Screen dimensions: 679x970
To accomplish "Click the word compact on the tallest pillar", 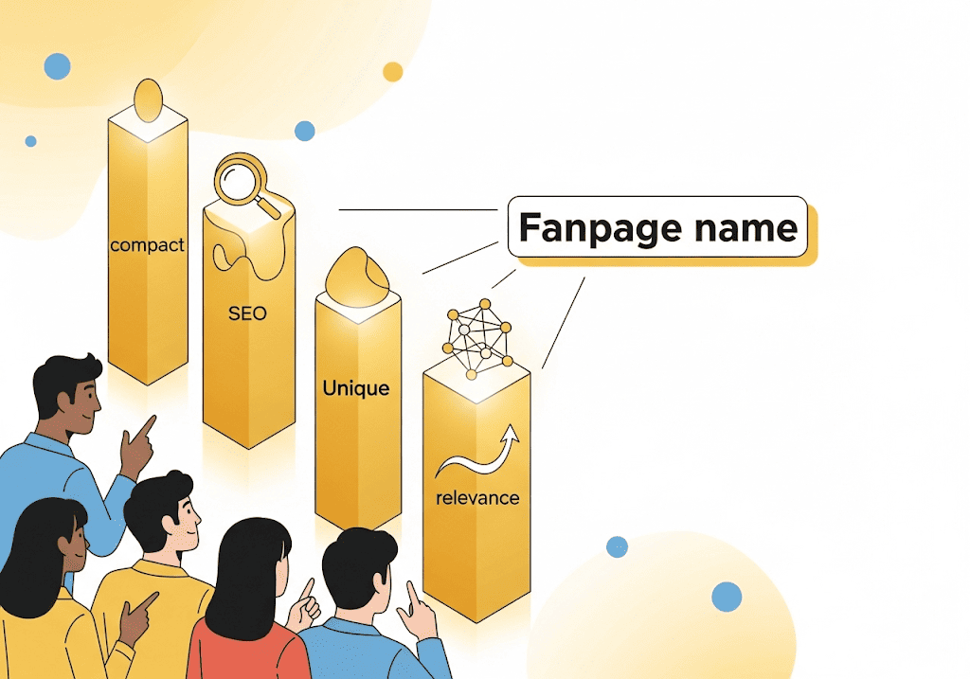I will [x=147, y=245].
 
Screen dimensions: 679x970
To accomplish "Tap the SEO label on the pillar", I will [x=247, y=313].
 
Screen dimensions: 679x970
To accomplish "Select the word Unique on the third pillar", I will [x=355, y=388].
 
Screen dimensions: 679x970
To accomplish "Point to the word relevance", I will [x=477, y=496].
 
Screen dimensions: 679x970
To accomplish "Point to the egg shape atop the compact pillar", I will [x=148, y=99].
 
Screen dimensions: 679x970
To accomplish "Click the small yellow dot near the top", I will [x=392, y=72].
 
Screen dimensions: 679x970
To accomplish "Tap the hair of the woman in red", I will [x=248, y=568].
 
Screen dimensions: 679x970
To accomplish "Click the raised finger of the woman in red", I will [x=308, y=588].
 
